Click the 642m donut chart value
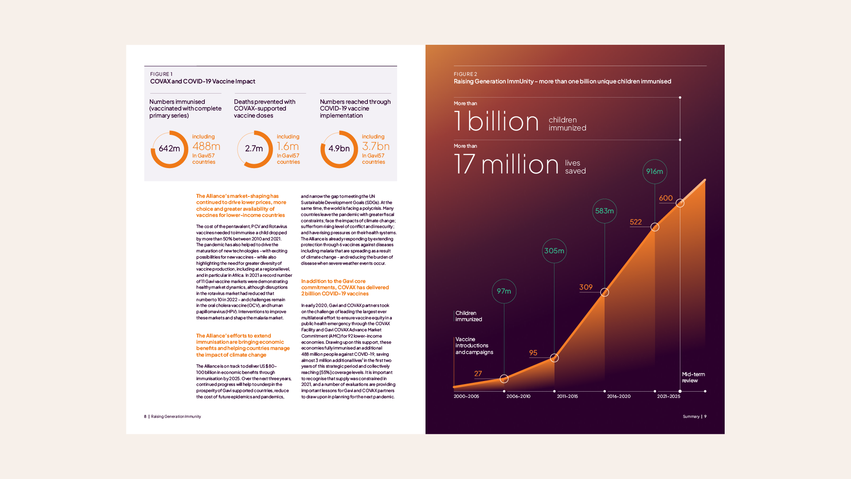click(169, 149)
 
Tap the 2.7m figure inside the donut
click(254, 149)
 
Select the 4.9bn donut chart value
click(339, 149)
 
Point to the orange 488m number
click(206, 146)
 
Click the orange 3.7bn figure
click(376, 146)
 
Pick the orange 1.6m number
click(288, 146)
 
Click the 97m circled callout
click(504, 291)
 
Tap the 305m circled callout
click(554, 251)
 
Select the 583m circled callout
click(605, 211)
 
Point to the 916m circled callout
click(655, 172)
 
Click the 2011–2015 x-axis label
click(567, 397)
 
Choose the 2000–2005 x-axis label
click(466, 397)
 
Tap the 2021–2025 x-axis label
click(668, 397)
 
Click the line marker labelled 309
click(605, 292)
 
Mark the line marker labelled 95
click(554, 358)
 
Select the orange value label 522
click(636, 222)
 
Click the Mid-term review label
click(693, 377)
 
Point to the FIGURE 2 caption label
click(465, 75)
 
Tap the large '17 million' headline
click(507, 164)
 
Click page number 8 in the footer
click(145, 416)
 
